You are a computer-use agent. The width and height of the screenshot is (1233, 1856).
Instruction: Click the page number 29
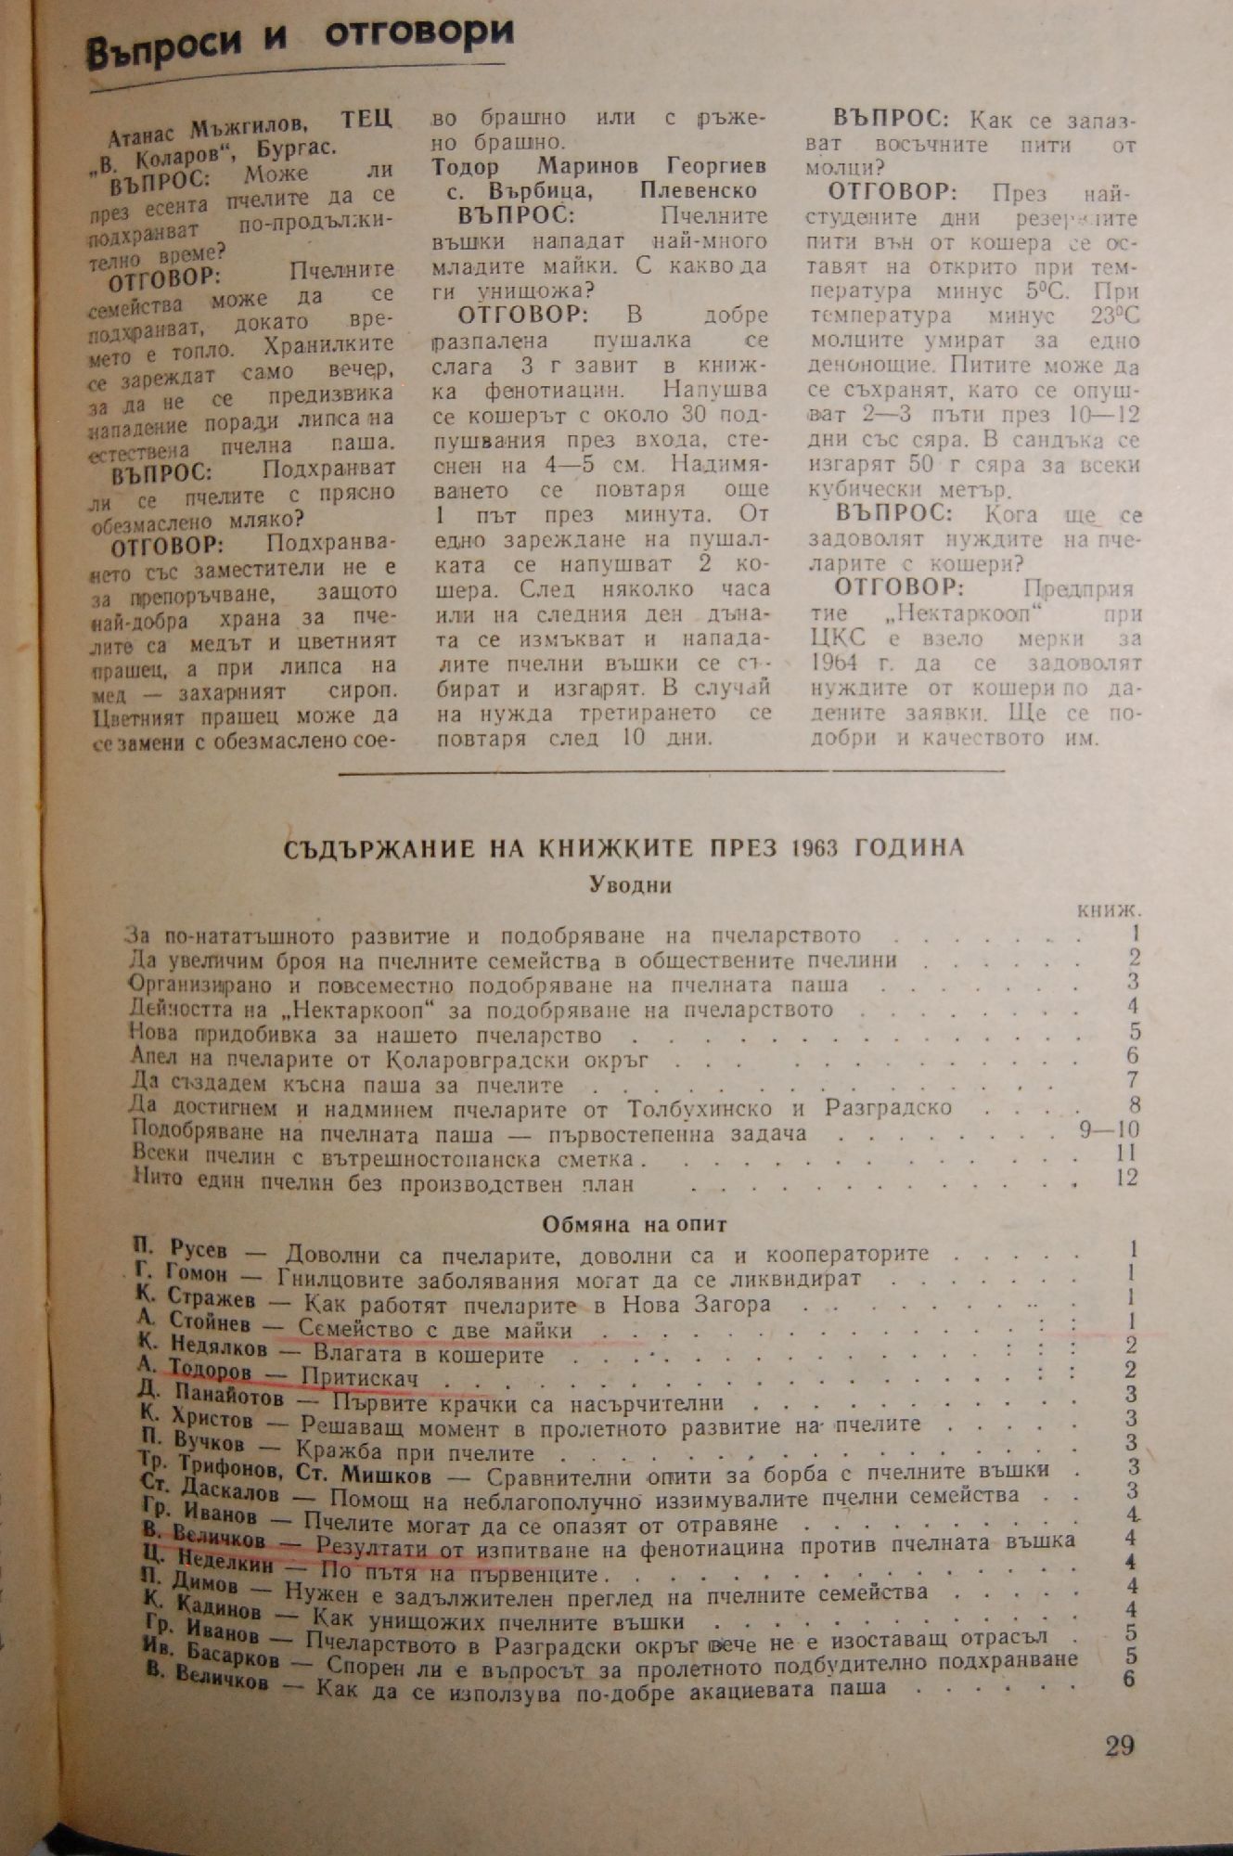[1119, 1746]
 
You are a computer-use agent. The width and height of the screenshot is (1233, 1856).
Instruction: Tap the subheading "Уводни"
[631, 884]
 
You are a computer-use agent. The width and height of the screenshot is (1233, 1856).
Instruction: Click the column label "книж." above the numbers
[1109, 910]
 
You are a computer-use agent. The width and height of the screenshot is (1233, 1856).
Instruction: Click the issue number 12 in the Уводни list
[1126, 1177]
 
